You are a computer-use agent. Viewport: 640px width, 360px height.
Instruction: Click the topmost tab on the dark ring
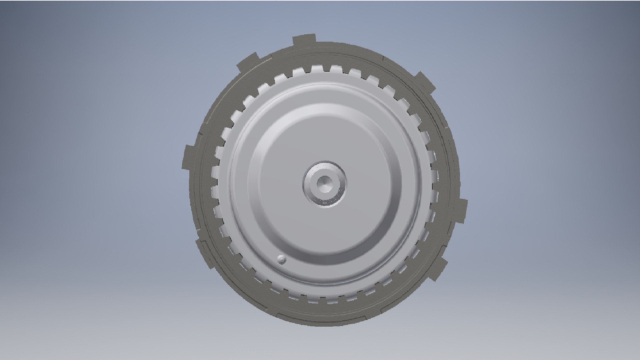304,41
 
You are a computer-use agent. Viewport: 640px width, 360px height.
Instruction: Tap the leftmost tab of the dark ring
189,157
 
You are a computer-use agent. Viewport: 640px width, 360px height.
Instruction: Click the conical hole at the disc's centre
324,183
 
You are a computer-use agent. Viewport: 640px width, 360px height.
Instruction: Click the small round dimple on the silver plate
282,260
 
